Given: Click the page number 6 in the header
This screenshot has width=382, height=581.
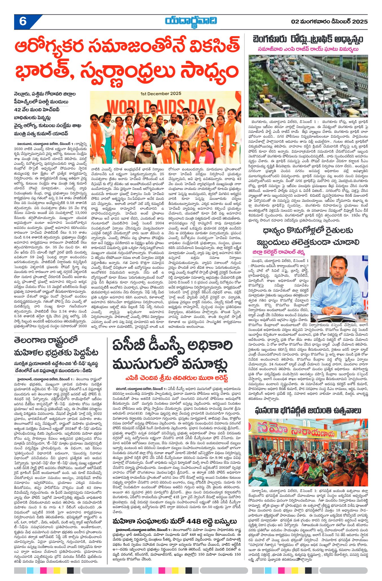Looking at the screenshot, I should click(23, 22).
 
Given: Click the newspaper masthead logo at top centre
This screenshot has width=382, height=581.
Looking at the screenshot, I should click(191, 21).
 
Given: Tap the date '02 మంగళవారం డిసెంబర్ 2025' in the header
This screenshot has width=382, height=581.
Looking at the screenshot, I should click(329, 22).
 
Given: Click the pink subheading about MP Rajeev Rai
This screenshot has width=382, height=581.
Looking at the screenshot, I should click(308, 49).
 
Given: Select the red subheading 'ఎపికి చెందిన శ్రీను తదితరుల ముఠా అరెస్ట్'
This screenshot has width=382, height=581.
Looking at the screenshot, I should click(177, 378).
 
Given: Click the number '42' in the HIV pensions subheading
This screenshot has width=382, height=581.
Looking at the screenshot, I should click(17, 110).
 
